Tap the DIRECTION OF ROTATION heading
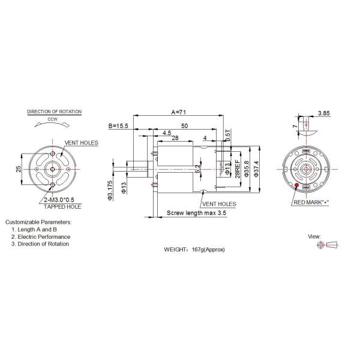(x=55, y=112)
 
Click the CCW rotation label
(x=53, y=119)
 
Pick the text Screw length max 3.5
(x=196, y=213)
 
